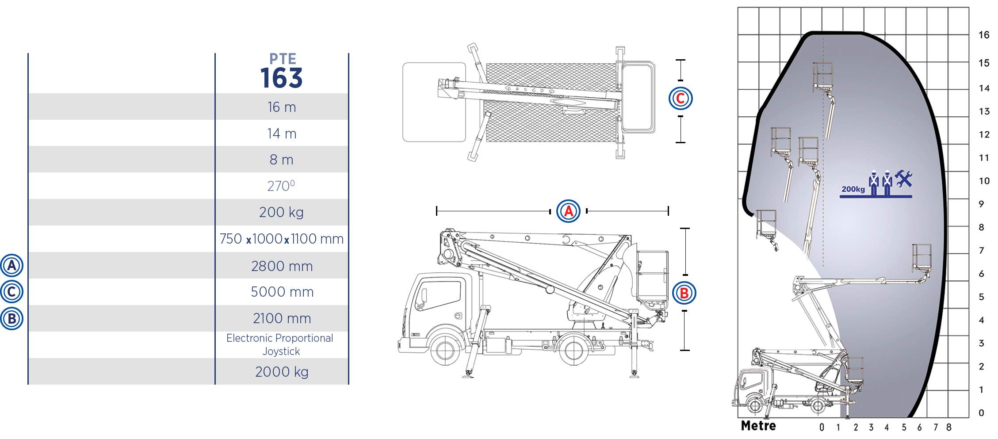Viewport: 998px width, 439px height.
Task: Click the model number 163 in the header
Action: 281,78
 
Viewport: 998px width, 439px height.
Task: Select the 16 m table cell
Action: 282,107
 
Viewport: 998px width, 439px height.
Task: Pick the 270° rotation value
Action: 281,186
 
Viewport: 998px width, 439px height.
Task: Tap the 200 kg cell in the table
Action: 281,212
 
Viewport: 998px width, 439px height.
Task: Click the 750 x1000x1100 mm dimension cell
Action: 281,239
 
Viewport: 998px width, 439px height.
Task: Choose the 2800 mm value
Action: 282,266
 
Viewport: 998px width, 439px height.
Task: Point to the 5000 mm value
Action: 282,292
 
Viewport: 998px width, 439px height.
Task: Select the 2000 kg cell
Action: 282,372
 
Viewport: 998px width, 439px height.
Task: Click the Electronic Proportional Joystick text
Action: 280,344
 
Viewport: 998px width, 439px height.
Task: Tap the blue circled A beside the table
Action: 11,266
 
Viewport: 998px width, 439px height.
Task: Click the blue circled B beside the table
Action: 11,318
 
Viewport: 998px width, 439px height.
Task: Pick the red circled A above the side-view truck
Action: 568,211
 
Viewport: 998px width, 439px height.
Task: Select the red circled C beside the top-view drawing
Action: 681,98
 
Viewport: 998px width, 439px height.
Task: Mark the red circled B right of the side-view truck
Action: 684,293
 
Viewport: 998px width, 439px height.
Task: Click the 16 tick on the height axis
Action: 984,34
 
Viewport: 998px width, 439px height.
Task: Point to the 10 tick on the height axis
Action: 984,181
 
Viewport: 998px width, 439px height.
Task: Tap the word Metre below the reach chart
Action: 758,426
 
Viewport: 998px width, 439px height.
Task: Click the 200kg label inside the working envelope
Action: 853,189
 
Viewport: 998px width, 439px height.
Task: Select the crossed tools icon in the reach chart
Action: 903,179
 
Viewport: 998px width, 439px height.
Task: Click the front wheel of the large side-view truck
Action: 444,350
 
